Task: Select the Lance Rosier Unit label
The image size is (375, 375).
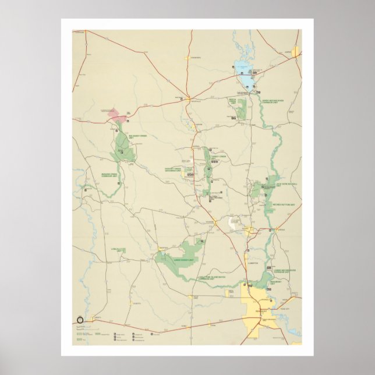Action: click(185, 260)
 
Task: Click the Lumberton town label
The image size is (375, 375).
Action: click(252, 263)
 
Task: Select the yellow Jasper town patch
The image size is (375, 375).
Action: click(296, 52)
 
